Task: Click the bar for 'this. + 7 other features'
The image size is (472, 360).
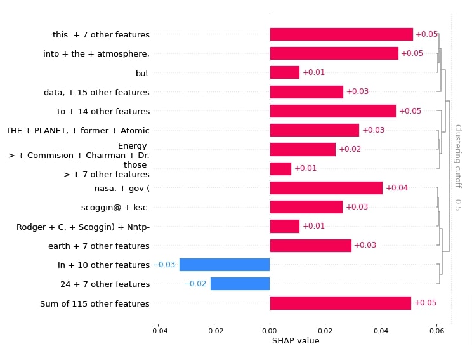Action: pyautogui.click(x=341, y=34)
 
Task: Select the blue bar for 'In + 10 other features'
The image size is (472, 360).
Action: pyautogui.click(x=224, y=265)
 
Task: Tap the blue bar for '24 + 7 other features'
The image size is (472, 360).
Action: pyautogui.click(x=240, y=284)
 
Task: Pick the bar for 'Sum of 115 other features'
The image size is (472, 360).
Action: pyautogui.click(x=340, y=303)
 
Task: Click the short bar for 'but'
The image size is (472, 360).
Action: pyautogui.click(x=284, y=72)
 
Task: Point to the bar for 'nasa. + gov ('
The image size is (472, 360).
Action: pyautogui.click(x=326, y=188)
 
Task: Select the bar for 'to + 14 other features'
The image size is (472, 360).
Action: pyautogui.click(x=332, y=111)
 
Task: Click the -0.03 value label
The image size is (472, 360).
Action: pyautogui.click(x=164, y=265)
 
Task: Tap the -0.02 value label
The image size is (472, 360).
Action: pyautogui.click(x=195, y=284)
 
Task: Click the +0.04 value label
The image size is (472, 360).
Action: pyautogui.click(x=397, y=188)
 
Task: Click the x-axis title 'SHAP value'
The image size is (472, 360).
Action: pyautogui.click(x=296, y=341)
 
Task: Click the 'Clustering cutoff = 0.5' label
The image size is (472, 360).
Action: pyautogui.click(x=457, y=168)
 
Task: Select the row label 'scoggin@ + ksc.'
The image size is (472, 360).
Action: pyautogui.click(x=115, y=208)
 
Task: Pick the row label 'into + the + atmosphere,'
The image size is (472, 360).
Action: pyautogui.click(x=96, y=54)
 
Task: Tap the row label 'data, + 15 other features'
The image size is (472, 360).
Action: pyautogui.click(x=96, y=92)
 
